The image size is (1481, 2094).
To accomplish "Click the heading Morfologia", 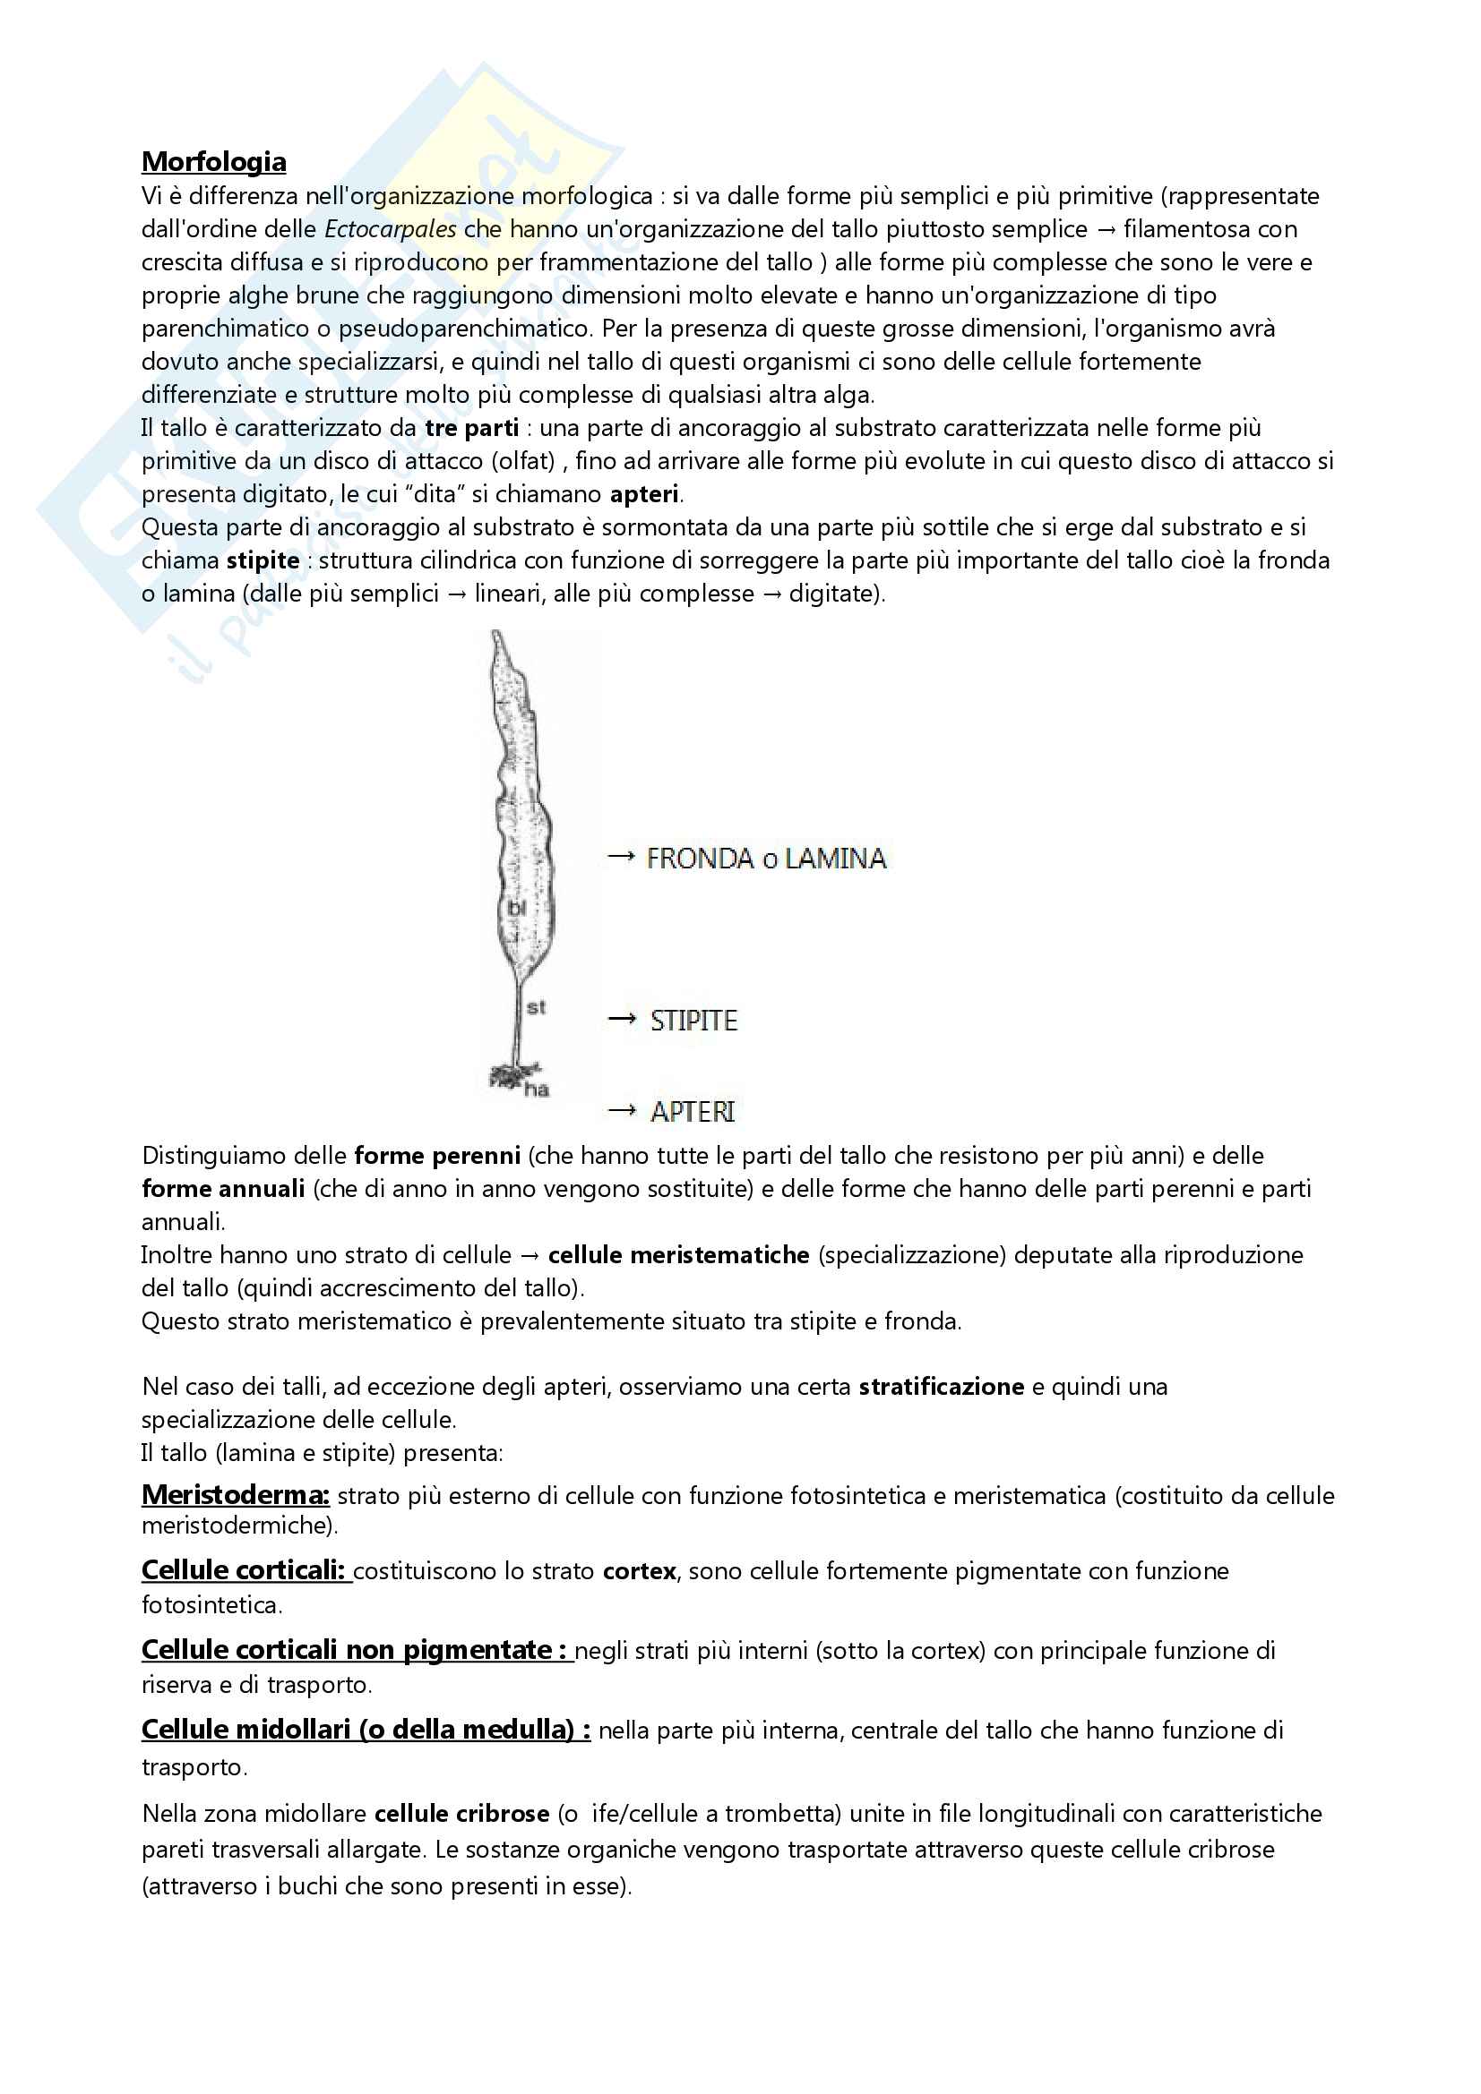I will click(213, 161).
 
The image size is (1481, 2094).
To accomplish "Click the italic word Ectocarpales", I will click(390, 229).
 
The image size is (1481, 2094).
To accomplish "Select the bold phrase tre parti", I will click(472, 428).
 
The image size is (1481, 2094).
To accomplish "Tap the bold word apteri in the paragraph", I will click(644, 494).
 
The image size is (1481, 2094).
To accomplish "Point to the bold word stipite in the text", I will click(263, 560).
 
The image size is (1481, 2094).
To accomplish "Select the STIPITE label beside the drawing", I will click(693, 1021).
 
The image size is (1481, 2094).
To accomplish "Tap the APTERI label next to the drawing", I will click(693, 1112).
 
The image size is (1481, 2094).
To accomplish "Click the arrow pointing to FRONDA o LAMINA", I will click(622, 857).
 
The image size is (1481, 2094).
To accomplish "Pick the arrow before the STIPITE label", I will click(622, 1019).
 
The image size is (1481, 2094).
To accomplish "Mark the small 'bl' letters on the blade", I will click(516, 909).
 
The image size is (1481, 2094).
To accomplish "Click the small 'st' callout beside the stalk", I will click(536, 1007).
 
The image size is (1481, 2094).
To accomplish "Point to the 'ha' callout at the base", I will click(537, 1089).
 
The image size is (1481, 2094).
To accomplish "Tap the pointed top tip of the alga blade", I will click(495, 636).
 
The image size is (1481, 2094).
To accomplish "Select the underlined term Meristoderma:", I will click(236, 1495).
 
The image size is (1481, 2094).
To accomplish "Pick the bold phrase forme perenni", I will click(437, 1156).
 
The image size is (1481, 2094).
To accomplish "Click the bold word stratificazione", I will click(941, 1386).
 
